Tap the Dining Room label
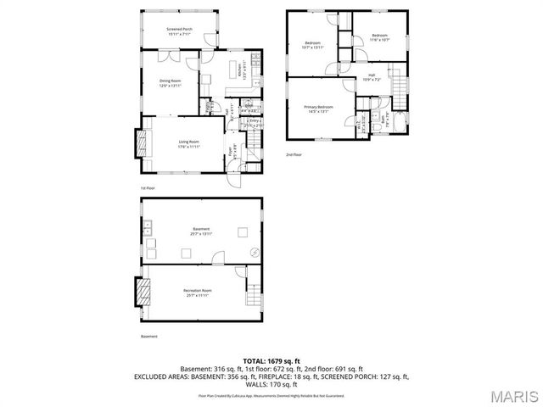click(171, 83)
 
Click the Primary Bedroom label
click(319, 108)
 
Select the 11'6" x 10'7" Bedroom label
click(379, 36)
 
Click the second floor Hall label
click(371, 77)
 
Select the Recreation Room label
click(197, 293)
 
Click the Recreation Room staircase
click(254, 296)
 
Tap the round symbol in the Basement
click(253, 251)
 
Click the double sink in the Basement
click(148, 226)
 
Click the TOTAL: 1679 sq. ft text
click(272, 361)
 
